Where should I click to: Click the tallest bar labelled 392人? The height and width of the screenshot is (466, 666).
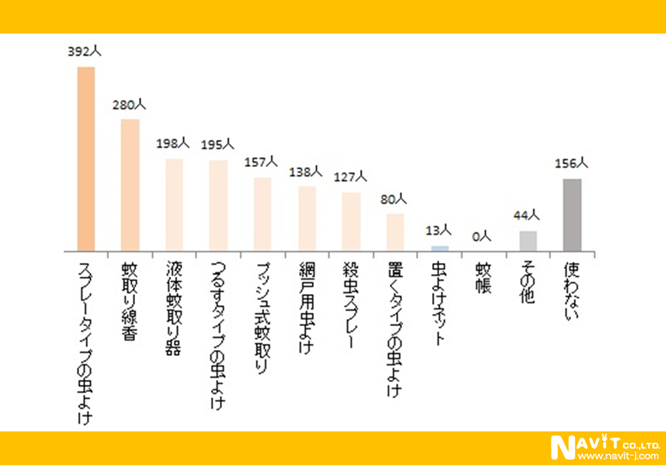point(86,158)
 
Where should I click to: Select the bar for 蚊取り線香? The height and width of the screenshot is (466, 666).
point(131,184)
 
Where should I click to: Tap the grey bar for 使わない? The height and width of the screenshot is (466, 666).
point(572,214)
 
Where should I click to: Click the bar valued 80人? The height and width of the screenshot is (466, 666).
point(395,231)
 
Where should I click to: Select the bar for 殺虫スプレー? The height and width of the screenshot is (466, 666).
point(351,221)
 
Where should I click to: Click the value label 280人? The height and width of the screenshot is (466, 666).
point(130,105)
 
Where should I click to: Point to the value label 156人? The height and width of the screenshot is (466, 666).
point(572,163)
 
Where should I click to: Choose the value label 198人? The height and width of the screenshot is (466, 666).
point(174,144)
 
